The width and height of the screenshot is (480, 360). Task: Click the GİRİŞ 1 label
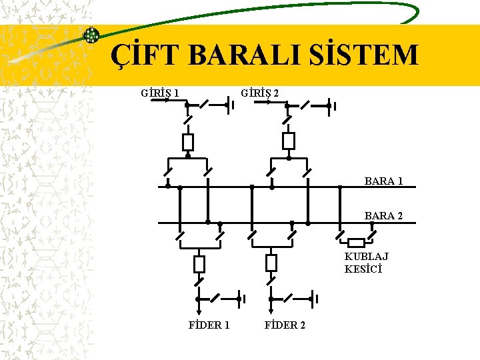pos(160,93)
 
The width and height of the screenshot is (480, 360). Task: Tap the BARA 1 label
pos(383,181)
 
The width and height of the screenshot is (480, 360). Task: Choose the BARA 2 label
pos(383,216)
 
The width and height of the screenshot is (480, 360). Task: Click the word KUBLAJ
pos(367,257)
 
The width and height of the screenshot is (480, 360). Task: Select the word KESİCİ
pos(363,269)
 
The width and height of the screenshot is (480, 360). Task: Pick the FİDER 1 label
pos(209,325)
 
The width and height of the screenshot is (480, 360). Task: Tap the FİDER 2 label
pos(285,325)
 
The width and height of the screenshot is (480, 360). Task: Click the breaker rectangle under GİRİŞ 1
pos(188,142)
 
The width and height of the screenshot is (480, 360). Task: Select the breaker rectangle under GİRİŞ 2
pos(288,141)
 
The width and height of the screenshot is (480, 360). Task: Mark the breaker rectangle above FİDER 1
pos(199,264)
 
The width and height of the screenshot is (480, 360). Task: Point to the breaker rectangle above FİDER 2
pos(271,263)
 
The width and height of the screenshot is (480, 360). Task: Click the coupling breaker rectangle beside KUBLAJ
pos(357,243)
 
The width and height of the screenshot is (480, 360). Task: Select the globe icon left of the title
pos(91,35)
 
